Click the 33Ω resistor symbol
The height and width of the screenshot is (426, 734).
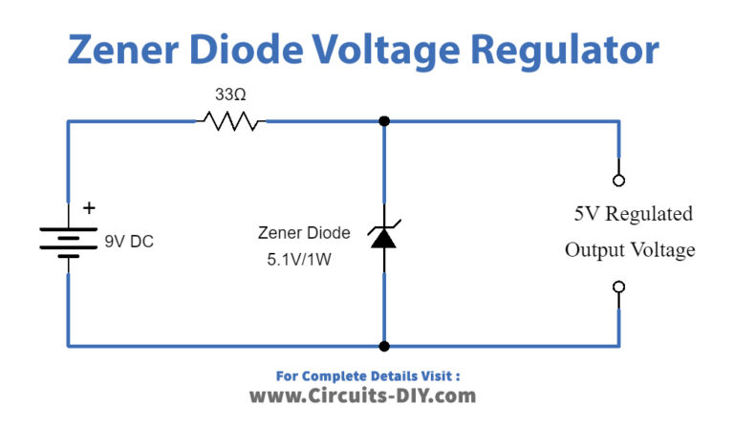click(230, 121)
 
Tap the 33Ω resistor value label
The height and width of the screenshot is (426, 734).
click(230, 95)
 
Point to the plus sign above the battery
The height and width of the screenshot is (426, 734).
click(90, 208)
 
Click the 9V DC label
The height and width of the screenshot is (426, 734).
click(128, 242)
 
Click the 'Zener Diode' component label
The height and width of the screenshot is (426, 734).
click(304, 232)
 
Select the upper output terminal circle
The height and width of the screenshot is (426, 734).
click(618, 180)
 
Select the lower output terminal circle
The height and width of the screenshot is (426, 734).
click(618, 287)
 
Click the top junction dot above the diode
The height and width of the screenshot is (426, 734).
click(383, 121)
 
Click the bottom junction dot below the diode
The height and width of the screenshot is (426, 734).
click(383, 346)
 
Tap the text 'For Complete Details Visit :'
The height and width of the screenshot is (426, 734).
click(367, 374)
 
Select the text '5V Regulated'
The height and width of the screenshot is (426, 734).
click(633, 214)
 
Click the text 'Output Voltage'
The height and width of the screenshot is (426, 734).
click(629, 250)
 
